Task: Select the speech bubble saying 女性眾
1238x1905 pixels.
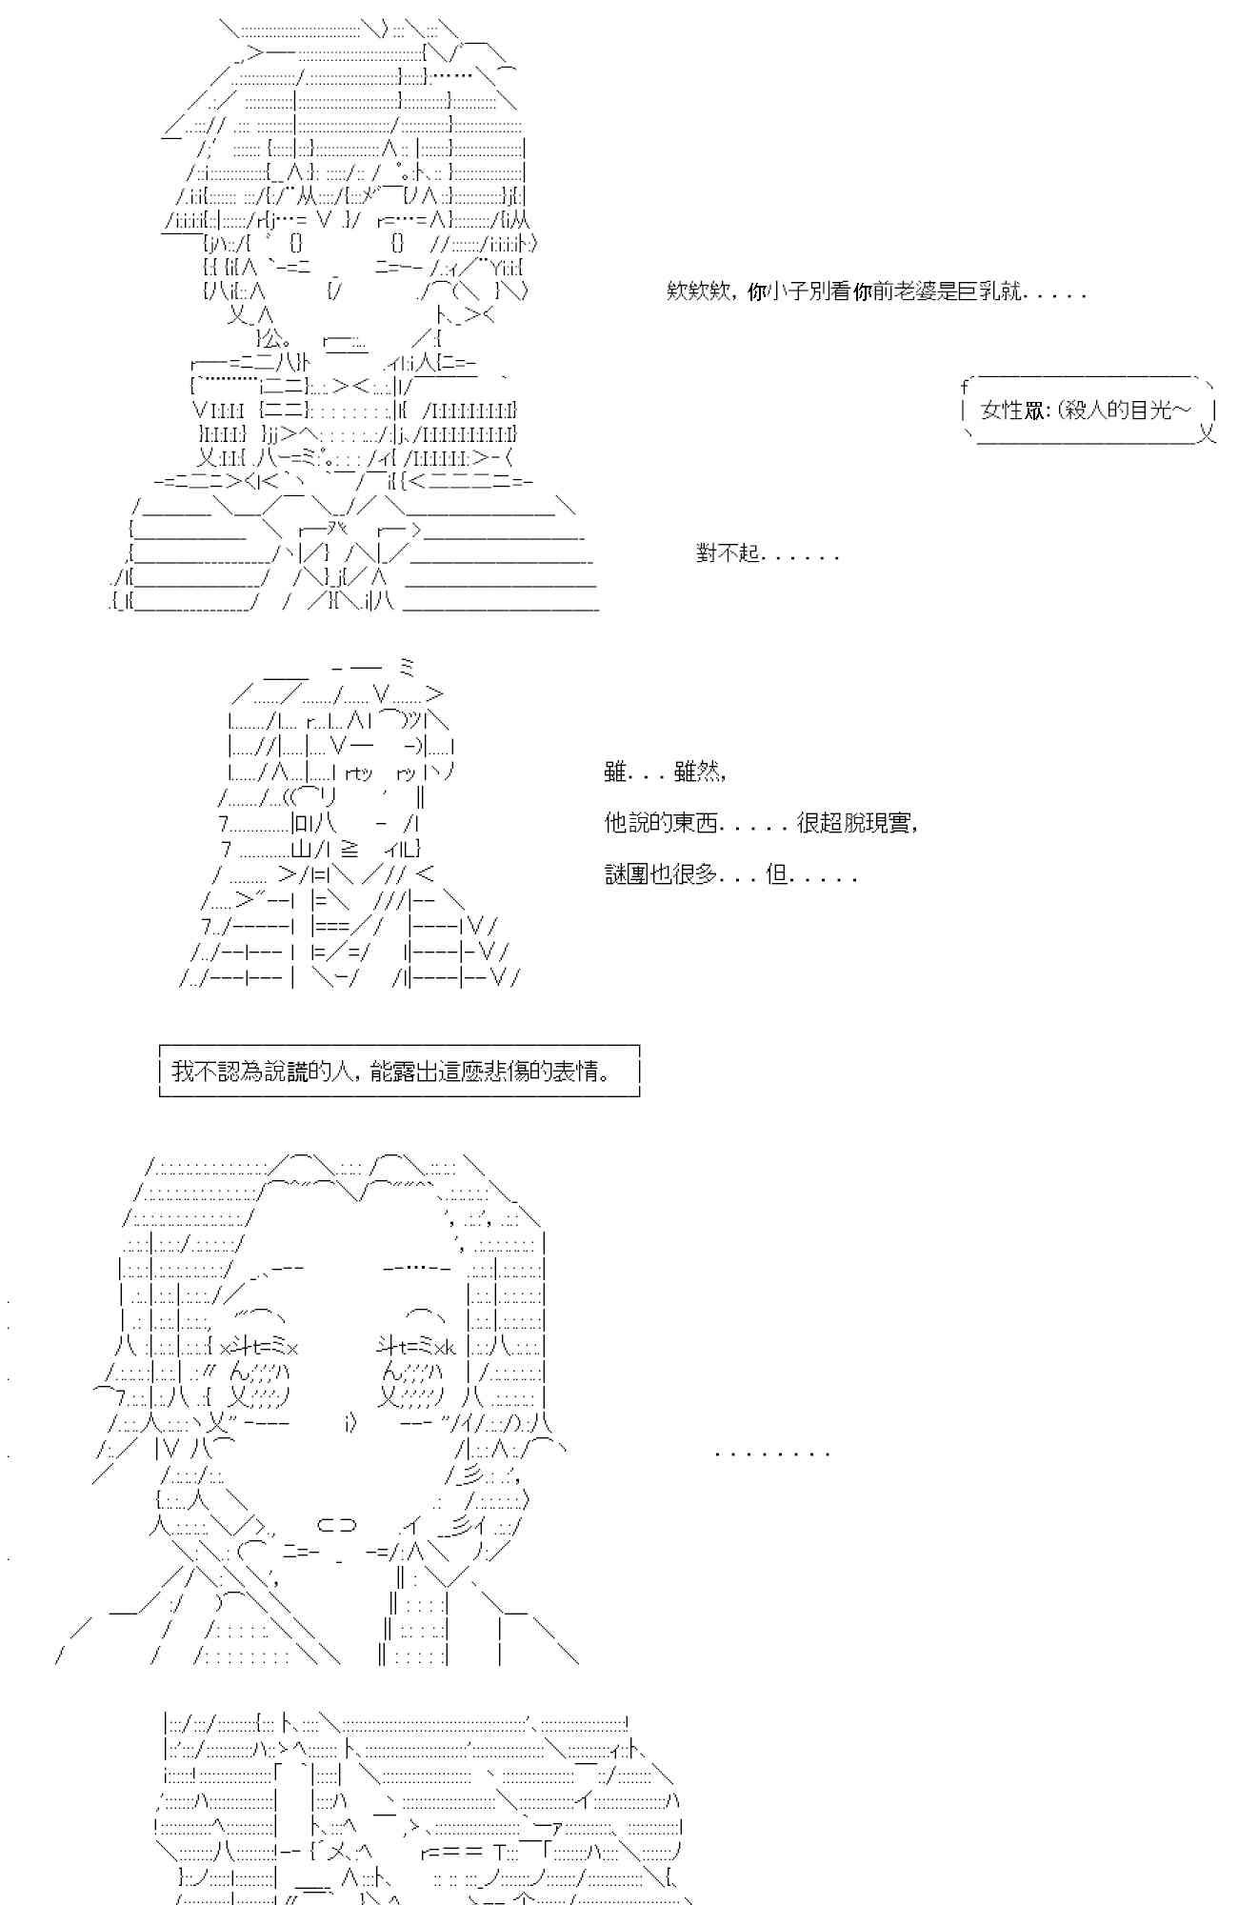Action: click(x=1088, y=411)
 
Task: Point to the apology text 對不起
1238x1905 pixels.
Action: click(x=729, y=553)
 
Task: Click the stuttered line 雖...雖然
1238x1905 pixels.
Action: click(x=666, y=772)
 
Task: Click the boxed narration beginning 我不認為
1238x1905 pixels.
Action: click(x=399, y=1072)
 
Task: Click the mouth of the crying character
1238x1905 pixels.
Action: click(x=335, y=1525)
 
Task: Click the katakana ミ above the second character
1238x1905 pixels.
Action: click(x=409, y=668)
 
